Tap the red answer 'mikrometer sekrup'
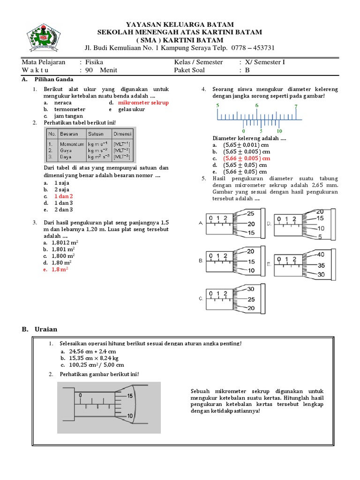coord(143,102)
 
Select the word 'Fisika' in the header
coord(94,62)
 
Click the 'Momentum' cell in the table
coord(72,144)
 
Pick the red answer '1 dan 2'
coord(64,196)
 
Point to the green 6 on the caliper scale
coord(257,105)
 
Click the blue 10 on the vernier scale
coord(279,131)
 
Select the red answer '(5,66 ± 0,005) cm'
coord(247,158)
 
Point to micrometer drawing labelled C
coord(232,299)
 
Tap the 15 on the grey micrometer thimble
coord(130,396)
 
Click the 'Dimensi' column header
coord(123,134)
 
